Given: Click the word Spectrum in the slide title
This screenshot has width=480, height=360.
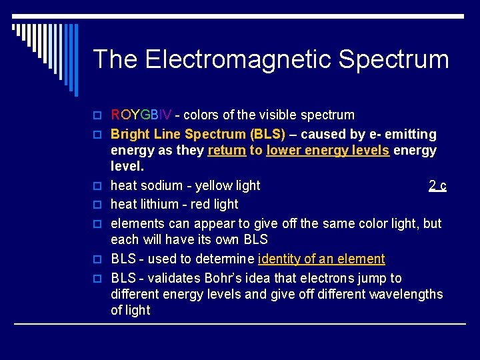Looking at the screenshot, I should point(393,59).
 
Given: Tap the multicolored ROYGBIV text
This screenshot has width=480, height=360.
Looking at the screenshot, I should point(141,115).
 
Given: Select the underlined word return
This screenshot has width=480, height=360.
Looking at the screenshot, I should point(227,150).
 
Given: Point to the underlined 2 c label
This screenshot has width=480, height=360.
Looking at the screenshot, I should point(437,185).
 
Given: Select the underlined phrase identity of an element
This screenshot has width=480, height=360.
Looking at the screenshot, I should point(321,259).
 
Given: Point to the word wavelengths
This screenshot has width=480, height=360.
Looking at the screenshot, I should point(404,294).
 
